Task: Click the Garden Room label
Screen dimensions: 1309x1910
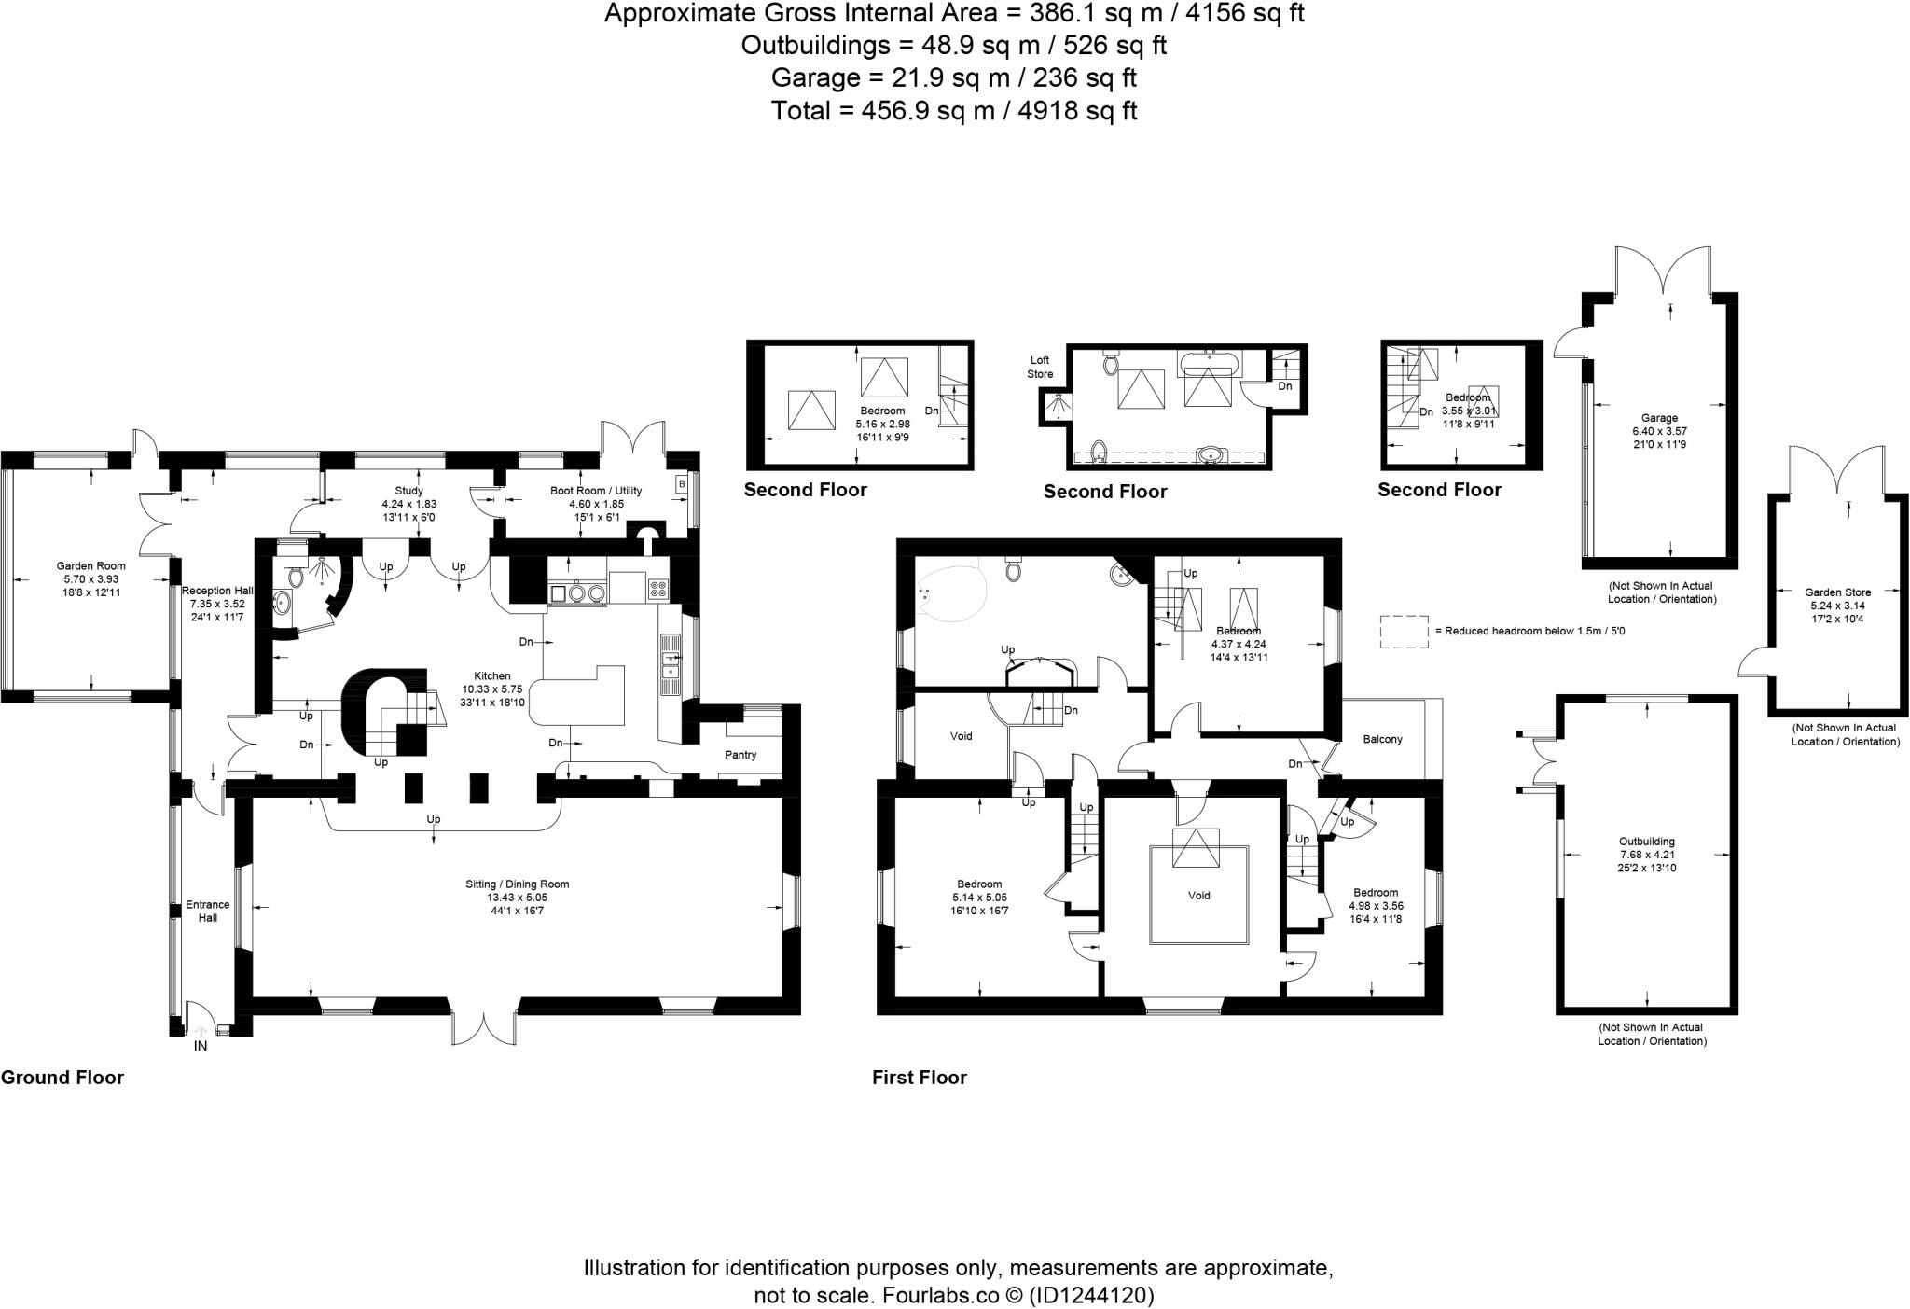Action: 90,565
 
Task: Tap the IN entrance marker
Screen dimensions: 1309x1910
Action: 200,1046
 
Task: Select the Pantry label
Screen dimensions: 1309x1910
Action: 741,755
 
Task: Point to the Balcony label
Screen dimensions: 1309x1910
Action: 1382,739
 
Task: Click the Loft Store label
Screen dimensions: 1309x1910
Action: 1040,367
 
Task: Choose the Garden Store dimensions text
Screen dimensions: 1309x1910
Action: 1836,612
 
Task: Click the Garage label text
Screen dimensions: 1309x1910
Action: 1659,418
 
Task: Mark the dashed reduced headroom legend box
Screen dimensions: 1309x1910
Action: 1404,631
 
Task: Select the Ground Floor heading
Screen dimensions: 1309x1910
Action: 62,1078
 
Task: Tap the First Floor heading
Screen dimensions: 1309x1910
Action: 919,1078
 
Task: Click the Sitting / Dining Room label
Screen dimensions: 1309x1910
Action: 517,884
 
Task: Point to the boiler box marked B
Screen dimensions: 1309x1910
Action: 681,484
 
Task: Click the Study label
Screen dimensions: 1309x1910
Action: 408,491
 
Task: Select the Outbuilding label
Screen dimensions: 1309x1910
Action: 1647,841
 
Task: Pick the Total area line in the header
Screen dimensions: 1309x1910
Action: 954,111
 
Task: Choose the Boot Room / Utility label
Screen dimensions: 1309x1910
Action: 595,491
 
